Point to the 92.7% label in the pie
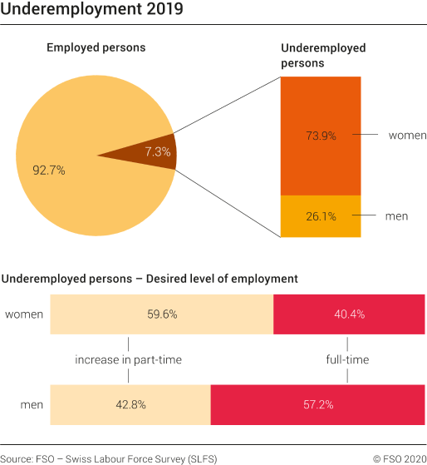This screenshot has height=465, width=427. tap(49, 170)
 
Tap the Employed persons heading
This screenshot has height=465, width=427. tap(96, 47)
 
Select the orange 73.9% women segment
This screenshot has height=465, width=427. tap(320, 136)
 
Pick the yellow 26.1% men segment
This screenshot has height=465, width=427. tap(320, 216)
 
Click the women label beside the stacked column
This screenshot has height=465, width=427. tap(407, 136)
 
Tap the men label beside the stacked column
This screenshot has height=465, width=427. tap(397, 216)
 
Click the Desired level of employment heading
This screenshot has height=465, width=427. tap(150, 278)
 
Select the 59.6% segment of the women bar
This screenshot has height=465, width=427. tap(162, 314)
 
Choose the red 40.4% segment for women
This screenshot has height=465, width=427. tap(348, 314)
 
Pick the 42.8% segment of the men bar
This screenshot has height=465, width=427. tap(130, 405)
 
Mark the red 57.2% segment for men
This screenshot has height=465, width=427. tap(317, 405)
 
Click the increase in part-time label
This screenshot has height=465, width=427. tap(128, 360)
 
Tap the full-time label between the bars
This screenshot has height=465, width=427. tap(347, 360)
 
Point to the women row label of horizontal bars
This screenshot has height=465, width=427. tap(24, 314)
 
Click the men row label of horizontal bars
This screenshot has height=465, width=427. tap(32, 405)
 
